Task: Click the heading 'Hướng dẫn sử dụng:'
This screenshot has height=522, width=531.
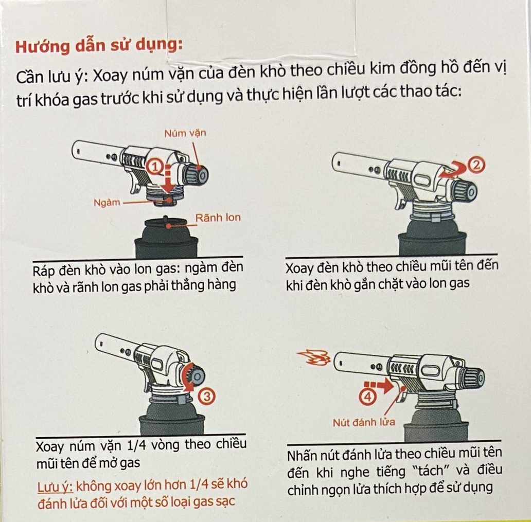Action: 99,46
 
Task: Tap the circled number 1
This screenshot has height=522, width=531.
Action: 155,167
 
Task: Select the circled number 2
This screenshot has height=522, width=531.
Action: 476,165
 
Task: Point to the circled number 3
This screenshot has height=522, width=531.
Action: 207,395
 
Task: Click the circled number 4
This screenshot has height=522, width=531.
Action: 368,397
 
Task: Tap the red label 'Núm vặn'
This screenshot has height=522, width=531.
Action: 185,133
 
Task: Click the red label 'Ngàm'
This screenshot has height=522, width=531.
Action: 107,203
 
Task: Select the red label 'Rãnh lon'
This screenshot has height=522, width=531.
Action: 218,218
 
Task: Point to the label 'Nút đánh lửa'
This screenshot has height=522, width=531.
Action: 364,422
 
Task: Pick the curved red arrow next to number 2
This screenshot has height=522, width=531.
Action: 452,170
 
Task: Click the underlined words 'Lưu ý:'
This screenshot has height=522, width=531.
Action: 55,487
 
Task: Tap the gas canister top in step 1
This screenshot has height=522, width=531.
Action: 166,223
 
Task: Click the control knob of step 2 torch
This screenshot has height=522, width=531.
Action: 465,192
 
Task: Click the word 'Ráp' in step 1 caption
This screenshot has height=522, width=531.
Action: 43,271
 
